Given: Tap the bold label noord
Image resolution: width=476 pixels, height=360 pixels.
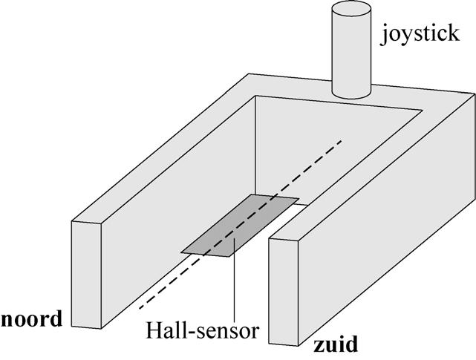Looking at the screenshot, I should tap(32, 320).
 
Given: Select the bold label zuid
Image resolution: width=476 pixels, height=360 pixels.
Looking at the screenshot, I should tap(335, 344).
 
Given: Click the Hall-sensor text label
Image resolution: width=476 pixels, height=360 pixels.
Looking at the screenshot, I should tap(203, 329).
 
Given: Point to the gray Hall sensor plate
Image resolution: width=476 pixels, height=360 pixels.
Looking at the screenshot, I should tap(238, 226).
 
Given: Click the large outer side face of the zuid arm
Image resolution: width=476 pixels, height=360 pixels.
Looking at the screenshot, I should tap(386, 245).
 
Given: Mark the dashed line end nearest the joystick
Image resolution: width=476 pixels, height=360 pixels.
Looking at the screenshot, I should tap(341, 140).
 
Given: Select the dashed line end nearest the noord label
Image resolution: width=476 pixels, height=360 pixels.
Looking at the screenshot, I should tap(139, 306).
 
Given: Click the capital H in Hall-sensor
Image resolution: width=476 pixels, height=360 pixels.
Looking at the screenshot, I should tap(152, 329).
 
